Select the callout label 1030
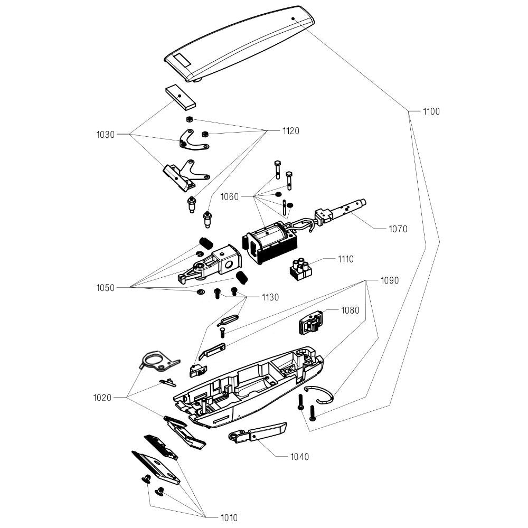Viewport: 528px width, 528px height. pos(106,135)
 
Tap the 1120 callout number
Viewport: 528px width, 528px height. pos(290,131)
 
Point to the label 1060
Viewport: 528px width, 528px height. pos(230,197)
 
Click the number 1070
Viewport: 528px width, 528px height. pos(398,229)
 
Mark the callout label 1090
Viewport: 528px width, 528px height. pos(390,280)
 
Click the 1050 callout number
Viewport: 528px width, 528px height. pos(106,288)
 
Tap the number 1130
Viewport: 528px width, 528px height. pos(270,297)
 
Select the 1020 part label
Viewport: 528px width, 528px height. pos(102,397)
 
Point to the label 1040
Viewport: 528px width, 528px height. pos(300,457)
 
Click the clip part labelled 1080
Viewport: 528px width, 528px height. pos(312,321)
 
